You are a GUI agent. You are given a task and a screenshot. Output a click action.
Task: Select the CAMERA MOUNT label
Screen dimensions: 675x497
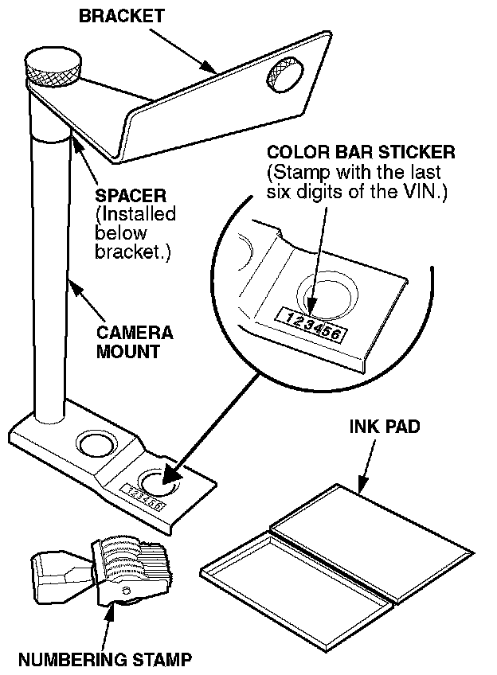tap(134, 341)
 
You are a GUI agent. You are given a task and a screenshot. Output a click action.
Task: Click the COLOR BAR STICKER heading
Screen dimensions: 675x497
tap(361, 152)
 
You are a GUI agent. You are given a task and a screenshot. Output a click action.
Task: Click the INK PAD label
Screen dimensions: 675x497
tap(385, 427)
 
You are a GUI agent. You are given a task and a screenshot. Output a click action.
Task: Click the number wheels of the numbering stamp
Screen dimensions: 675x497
tap(131, 557)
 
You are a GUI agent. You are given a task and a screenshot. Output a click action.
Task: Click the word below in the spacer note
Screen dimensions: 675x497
tap(120, 233)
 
